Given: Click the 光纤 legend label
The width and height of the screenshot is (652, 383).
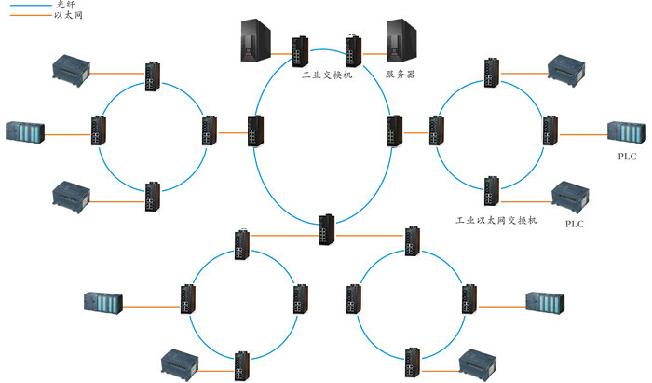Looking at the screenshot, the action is click(66, 5).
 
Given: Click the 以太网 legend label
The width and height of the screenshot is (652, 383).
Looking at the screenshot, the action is click(68, 16).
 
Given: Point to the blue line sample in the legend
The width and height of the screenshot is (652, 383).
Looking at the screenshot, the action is click(30, 6).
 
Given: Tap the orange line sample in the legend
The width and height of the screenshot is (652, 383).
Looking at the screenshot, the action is click(30, 16).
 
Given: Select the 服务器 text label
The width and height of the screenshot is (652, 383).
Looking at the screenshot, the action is click(400, 75).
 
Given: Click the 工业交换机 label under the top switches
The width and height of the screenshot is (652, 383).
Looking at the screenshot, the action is click(327, 75).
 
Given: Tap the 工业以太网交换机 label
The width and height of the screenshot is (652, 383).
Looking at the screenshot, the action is click(496, 220).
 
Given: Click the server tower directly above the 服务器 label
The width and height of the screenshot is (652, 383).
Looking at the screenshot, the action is click(401, 40).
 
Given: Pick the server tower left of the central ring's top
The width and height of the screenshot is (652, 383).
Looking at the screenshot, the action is click(256, 40).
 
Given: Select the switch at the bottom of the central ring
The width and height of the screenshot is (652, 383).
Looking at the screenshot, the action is click(326, 229).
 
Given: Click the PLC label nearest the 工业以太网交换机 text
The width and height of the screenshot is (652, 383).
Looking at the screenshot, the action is click(575, 224).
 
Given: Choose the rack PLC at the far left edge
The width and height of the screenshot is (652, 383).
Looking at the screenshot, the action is click(25, 132).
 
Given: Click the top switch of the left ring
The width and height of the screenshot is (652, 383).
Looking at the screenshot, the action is click(153, 76).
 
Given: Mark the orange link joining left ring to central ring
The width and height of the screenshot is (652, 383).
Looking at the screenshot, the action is click(233, 133).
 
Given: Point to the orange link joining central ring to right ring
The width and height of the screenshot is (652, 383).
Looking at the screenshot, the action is click(416, 133).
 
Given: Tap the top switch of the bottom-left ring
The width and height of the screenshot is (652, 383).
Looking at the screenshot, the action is click(242, 244).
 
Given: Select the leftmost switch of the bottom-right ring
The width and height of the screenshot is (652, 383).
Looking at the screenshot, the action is click(353, 299).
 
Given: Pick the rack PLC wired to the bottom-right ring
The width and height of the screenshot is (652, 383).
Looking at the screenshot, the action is click(545, 302).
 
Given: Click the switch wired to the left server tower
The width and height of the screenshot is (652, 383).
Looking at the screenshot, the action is click(300, 52).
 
